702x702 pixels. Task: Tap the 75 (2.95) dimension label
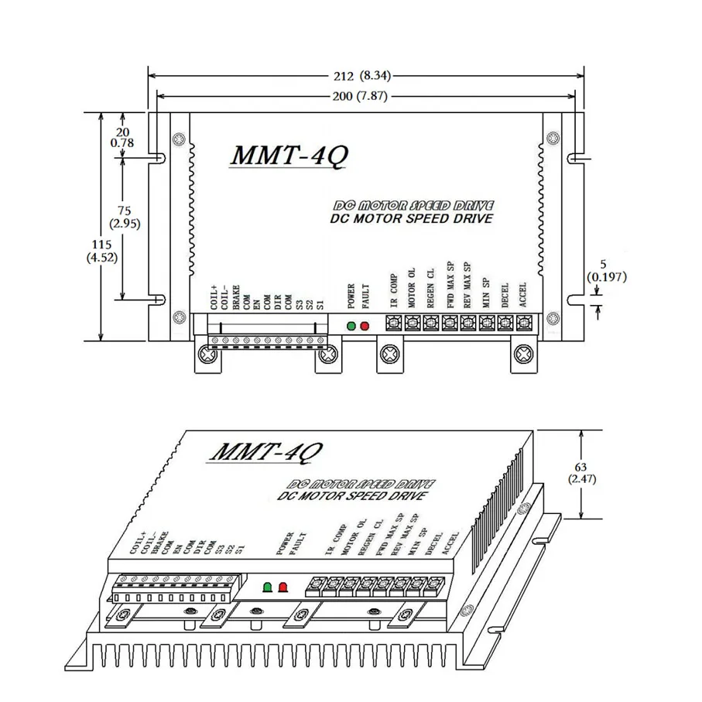(x=123, y=217)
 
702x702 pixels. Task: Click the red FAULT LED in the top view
(x=365, y=325)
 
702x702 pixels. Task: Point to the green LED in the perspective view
(x=268, y=587)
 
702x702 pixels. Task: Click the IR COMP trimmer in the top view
(x=392, y=323)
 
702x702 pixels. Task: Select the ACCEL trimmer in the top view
(x=523, y=323)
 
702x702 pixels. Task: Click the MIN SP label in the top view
(x=485, y=294)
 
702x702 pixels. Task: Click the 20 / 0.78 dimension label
(x=122, y=136)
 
